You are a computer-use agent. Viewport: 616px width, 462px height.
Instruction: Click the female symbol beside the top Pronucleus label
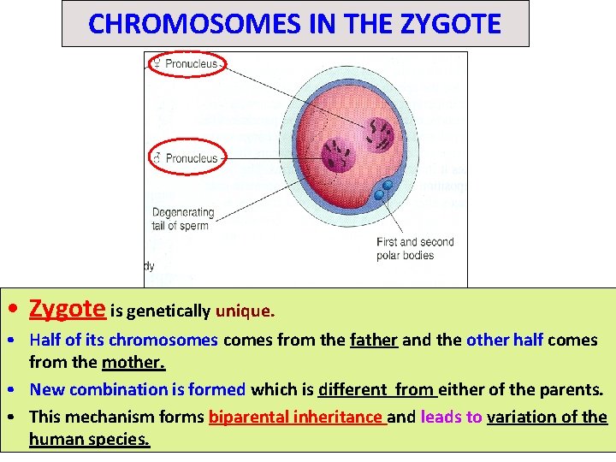coord(156,63)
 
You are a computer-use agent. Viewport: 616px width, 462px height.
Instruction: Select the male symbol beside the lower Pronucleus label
coord(156,157)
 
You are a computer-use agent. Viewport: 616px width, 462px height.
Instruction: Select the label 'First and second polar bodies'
coord(415,248)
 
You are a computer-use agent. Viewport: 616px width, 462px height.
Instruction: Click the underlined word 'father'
coord(374,340)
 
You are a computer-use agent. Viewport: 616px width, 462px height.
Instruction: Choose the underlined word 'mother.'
coord(133,362)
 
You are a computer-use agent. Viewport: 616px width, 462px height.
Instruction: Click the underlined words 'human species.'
coord(89,440)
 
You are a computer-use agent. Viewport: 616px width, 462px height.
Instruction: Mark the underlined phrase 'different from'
coord(377,389)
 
